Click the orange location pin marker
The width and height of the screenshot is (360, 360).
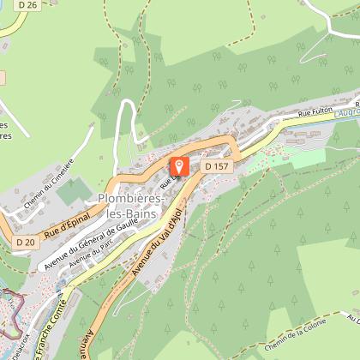point(180,166)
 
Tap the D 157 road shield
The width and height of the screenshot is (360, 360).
point(214,165)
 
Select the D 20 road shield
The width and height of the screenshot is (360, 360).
point(25,243)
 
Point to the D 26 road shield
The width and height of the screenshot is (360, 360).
point(27,6)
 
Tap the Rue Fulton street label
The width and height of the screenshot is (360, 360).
point(315,111)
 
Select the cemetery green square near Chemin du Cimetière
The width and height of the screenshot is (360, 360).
point(74,191)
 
